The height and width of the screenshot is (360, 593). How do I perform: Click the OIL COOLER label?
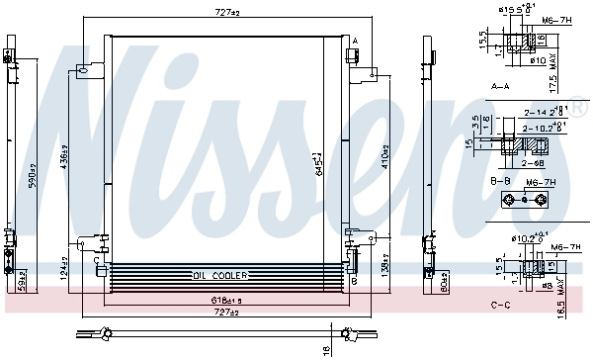(218, 276)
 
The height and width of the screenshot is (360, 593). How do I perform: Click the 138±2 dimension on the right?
(386, 268)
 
